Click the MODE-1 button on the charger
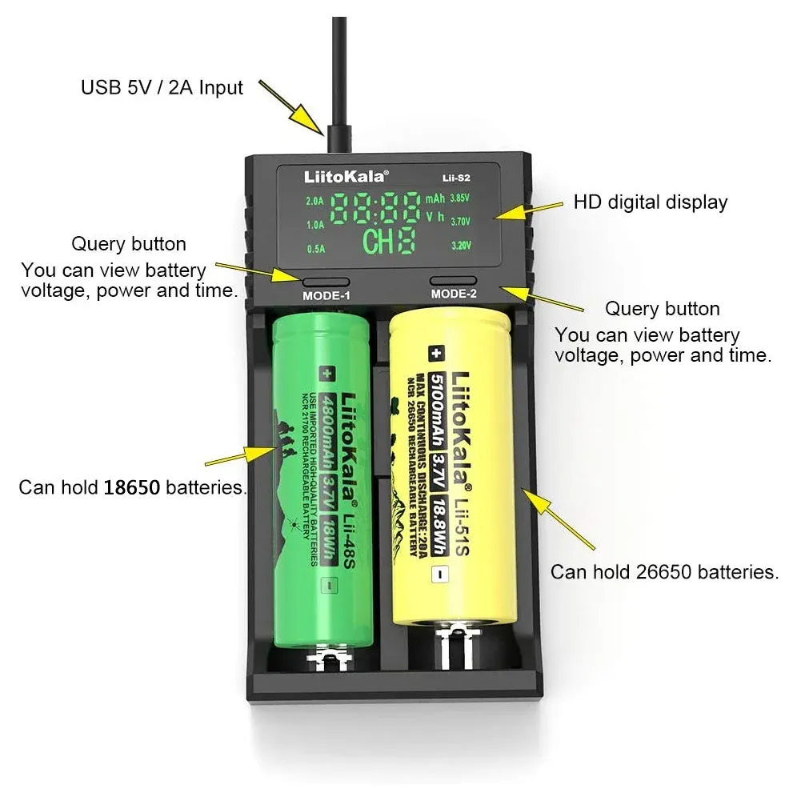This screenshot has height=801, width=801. click(326, 281)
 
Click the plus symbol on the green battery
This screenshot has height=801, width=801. click(326, 372)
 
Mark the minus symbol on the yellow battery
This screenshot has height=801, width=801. click(436, 573)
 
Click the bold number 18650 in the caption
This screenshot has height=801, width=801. click(132, 487)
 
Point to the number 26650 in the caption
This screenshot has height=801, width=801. click(667, 571)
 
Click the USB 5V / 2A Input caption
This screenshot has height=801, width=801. click(162, 86)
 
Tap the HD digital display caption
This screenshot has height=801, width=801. click(650, 202)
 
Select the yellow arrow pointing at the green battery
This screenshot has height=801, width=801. click(239, 456)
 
